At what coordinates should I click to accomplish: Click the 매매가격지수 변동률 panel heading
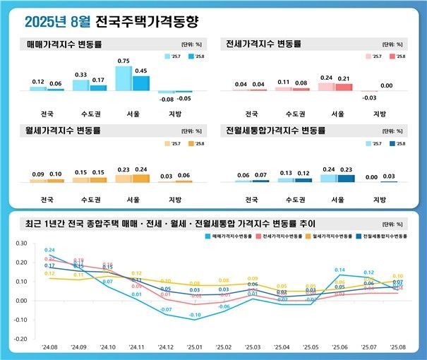(x=64, y=44)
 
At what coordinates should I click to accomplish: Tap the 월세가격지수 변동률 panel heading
(x=64, y=131)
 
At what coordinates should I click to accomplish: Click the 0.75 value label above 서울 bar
(x=123, y=61)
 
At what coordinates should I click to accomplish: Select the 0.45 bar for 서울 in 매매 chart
(x=141, y=83)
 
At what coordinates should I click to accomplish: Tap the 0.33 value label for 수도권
(x=80, y=74)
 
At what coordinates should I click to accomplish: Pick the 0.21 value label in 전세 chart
(x=344, y=78)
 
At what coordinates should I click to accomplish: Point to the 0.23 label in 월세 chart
(x=123, y=169)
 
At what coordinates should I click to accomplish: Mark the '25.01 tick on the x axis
(x=194, y=348)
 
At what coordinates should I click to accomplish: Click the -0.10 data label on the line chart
(x=195, y=315)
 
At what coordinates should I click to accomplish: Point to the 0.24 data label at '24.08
(x=49, y=250)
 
